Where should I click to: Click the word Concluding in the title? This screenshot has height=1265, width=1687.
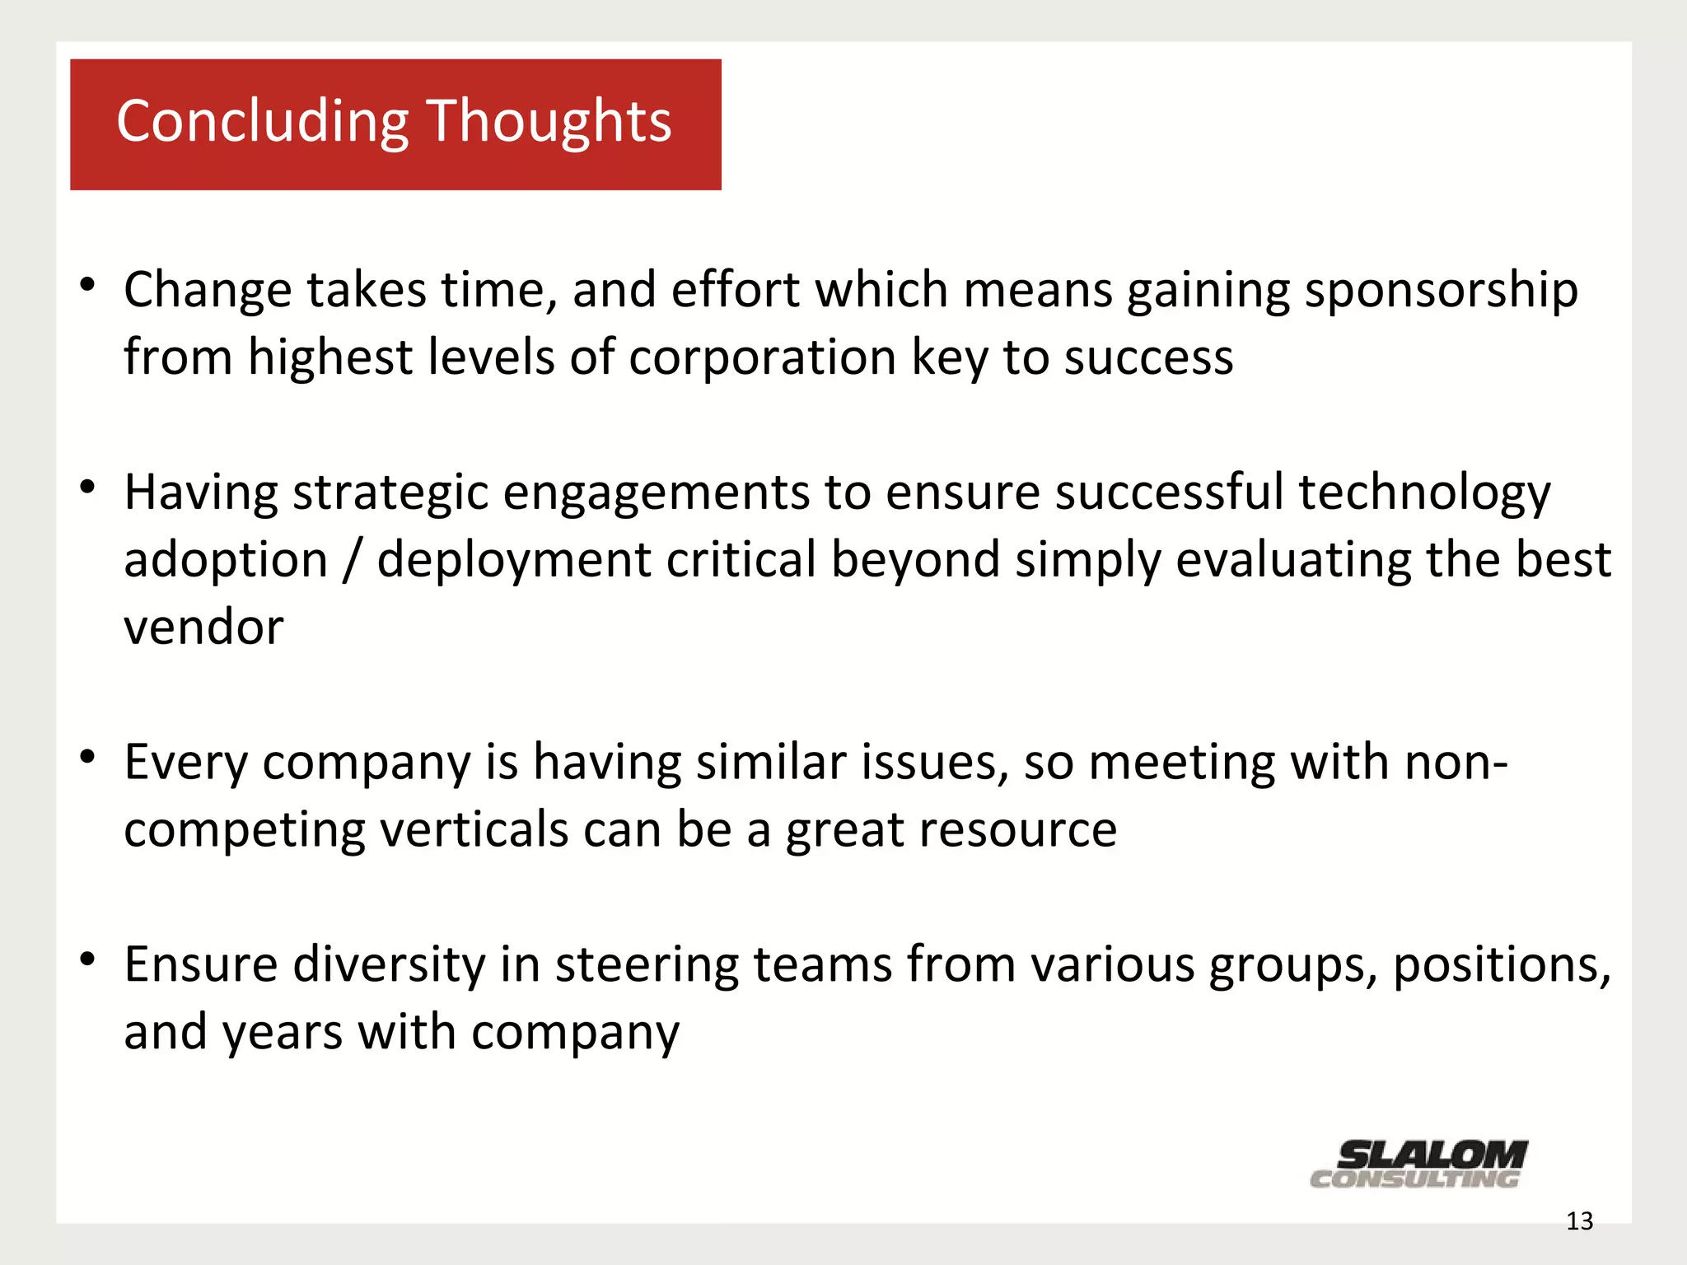click(x=262, y=122)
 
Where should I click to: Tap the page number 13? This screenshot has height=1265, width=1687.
click(x=1579, y=1221)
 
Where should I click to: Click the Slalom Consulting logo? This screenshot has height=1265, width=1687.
click(x=1418, y=1164)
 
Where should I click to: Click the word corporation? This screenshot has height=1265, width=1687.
click(x=762, y=358)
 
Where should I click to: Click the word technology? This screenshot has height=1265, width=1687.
click(x=1424, y=494)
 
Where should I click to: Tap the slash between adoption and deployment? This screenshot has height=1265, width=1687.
click(x=353, y=561)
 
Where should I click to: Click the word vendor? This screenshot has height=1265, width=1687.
click(x=203, y=628)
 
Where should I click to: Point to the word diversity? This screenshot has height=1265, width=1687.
click(x=390, y=965)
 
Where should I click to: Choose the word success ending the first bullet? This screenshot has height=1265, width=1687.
click(x=1148, y=358)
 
